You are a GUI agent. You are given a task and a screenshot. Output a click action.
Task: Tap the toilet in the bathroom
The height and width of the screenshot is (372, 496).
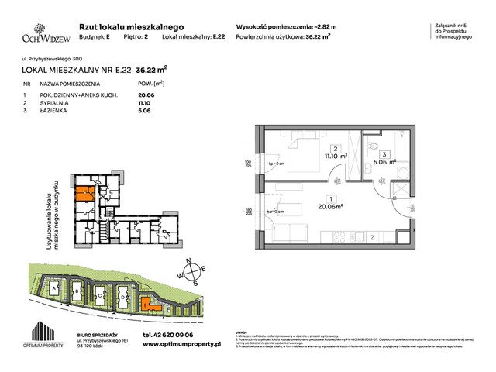(373, 147)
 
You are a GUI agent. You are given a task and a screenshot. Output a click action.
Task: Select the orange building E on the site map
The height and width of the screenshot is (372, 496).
(147, 305)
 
